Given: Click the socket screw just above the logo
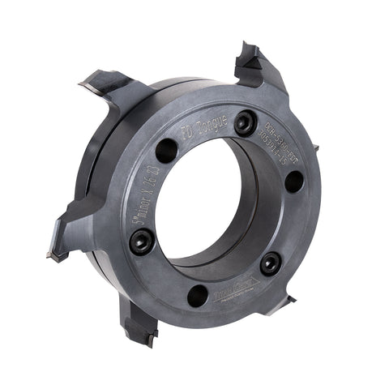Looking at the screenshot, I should pos(270,261).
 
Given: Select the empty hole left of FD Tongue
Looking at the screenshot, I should pos(166,149).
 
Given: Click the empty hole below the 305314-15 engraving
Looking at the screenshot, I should pos(294,182).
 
